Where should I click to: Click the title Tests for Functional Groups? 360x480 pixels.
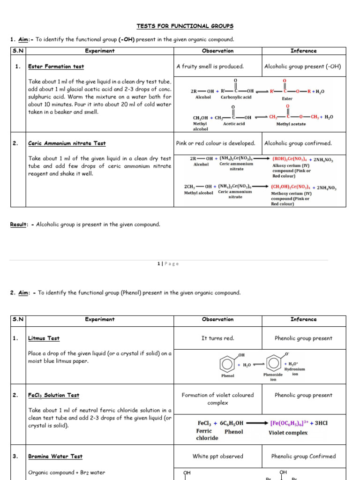(x=185, y=26)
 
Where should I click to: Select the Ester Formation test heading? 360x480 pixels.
(x=50, y=67)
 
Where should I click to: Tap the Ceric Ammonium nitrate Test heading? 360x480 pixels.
(x=67, y=143)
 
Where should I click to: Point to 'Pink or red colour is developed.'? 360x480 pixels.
(x=216, y=143)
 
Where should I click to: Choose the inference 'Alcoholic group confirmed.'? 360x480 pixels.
(x=298, y=143)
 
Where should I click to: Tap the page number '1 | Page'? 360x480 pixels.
(x=168, y=264)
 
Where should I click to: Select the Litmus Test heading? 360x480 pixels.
(x=44, y=338)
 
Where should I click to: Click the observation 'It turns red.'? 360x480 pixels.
(x=217, y=338)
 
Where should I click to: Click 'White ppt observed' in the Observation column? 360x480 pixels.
(x=217, y=456)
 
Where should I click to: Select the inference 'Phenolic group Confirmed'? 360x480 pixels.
(x=303, y=456)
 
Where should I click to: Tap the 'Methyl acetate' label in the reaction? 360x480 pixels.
(x=291, y=124)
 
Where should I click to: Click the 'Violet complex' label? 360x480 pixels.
(x=288, y=433)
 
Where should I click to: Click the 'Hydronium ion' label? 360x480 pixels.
(x=295, y=371)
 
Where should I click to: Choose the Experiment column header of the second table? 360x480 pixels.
(x=99, y=319)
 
